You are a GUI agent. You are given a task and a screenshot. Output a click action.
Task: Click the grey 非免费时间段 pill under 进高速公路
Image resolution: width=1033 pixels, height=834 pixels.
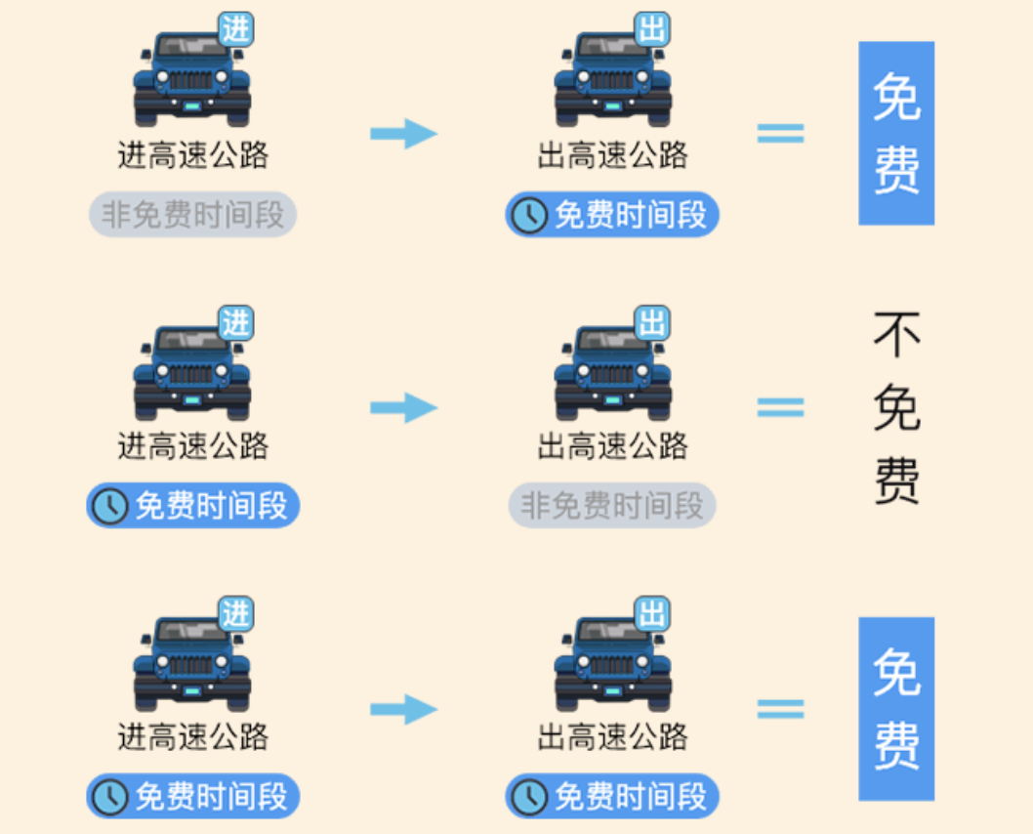[x=192, y=215]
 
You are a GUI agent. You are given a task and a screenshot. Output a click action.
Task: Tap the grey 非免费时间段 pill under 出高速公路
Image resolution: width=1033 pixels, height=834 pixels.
[x=612, y=505]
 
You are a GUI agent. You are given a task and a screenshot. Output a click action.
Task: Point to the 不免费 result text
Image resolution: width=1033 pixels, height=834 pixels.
[x=896, y=407]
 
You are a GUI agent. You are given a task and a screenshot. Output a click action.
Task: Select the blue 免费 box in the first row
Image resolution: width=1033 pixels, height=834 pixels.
[x=896, y=133]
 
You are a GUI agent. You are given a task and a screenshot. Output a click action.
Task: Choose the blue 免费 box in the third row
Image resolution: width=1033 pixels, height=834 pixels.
[x=896, y=709]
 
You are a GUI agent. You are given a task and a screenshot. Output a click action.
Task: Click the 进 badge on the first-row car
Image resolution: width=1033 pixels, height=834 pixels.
[x=235, y=29]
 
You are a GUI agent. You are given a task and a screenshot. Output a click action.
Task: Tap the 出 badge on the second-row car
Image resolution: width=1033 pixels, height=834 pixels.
[x=652, y=322]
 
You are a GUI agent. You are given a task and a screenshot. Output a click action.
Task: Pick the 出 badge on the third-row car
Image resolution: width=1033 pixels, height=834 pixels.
[x=652, y=613]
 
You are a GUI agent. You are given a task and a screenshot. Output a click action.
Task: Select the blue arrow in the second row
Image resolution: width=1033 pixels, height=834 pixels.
[x=403, y=407]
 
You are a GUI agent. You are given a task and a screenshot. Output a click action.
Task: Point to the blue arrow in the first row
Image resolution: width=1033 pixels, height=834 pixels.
[x=403, y=134]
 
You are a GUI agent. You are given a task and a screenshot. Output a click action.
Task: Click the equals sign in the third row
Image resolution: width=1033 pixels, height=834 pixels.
[x=781, y=709]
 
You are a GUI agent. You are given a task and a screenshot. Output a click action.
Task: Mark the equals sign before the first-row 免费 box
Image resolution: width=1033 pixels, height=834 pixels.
[x=781, y=134]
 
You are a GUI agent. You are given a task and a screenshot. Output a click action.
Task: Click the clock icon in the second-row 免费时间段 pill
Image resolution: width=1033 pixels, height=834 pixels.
[x=110, y=506]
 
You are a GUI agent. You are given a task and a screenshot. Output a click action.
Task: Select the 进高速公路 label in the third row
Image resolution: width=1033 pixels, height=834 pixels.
[x=192, y=736]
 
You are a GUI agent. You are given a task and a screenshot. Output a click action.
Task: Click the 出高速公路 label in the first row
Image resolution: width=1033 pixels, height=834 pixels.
[x=612, y=154]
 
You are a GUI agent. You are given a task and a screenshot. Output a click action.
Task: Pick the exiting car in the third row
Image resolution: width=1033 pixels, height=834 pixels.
[x=612, y=664]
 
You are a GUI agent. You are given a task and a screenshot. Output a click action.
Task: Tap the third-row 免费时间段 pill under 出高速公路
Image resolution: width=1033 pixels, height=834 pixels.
[x=612, y=796]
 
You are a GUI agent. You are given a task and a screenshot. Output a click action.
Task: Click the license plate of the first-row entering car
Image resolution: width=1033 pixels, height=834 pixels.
[x=192, y=106]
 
